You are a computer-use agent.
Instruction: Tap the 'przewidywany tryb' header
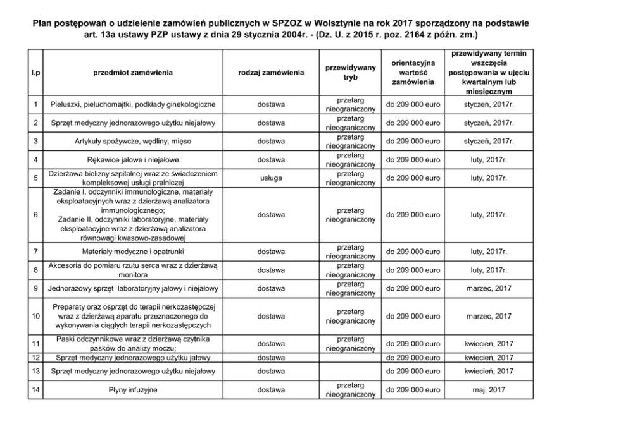tap(350, 73)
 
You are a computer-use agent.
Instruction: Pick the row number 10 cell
tap(36, 316)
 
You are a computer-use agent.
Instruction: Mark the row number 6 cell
tap(36, 215)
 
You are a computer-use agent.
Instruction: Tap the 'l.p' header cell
tap(36, 73)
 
